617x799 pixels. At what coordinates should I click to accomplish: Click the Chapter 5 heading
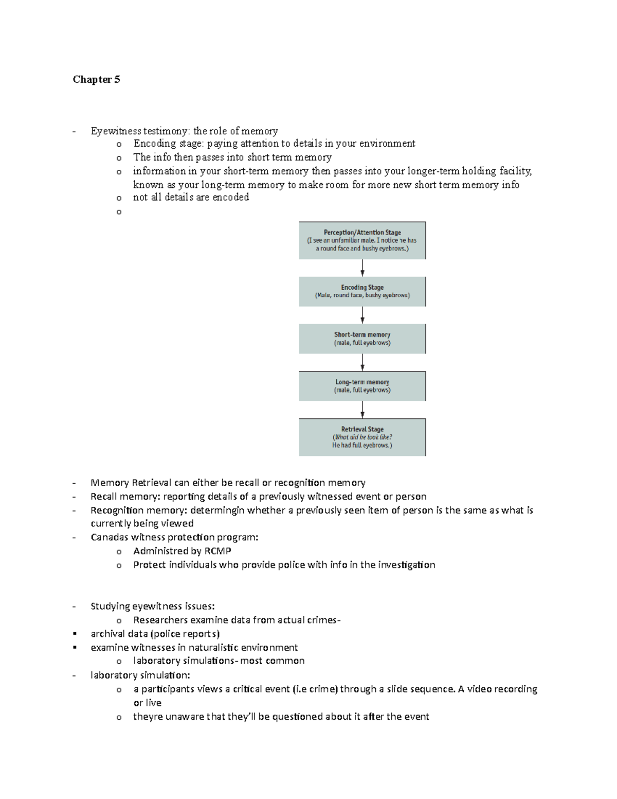[x=96, y=79]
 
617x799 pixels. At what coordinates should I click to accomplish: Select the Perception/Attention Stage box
[x=362, y=240]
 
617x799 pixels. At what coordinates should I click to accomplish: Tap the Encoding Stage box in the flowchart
[x=362, y=292]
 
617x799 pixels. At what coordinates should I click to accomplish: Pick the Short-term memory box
[x=362, y=339]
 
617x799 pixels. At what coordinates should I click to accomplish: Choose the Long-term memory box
[x=362, y=386]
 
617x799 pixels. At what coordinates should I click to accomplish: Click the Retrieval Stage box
[x=362, y=437]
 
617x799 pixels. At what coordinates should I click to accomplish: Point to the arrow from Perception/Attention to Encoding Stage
[x=362, y=268]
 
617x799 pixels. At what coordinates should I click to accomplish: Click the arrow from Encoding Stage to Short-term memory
[x=362, y=315]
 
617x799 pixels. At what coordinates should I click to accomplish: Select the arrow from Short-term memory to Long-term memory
[x=362, y=362]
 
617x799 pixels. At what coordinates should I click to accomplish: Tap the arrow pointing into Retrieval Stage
[x=362, y=410]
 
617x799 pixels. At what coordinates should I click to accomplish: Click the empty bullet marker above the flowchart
[x=119, y=212]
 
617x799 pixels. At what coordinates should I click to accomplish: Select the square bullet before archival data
[x=76, y=634]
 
